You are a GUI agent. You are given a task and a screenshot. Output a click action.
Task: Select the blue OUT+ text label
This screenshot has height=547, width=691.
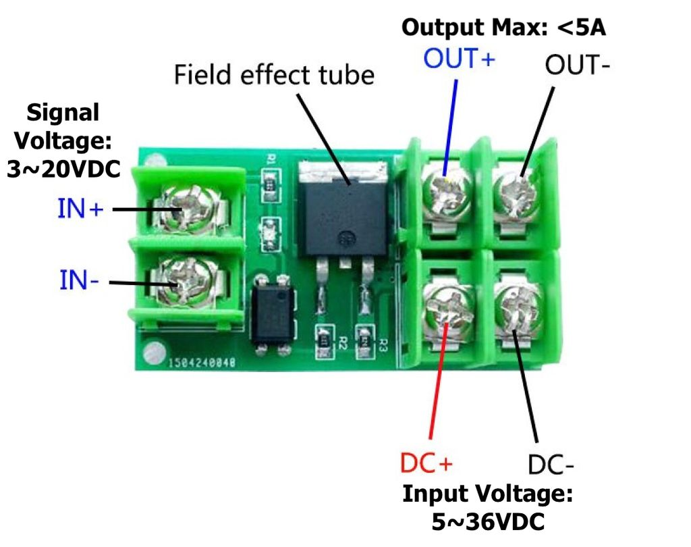(x=459, y=59)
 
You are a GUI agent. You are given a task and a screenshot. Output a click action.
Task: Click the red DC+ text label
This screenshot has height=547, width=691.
(x=426, y=464)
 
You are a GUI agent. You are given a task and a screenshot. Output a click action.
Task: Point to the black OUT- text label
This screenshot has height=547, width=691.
(x=578, y=65)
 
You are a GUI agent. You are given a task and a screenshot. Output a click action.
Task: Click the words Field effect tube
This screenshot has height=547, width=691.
(x=274, y=74)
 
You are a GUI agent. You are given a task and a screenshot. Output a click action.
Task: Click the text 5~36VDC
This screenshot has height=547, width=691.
(x=487, y=522)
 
